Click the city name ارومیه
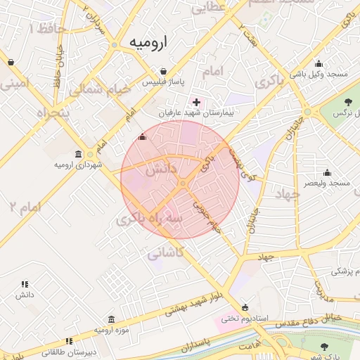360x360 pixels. click(x=148, y=44)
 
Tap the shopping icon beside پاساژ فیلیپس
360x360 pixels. click(x=164, y=72)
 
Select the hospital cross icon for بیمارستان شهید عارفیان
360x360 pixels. click(x=196, y=103)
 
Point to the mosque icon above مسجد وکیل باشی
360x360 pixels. click(x=319, y=63)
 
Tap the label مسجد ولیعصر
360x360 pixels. click(x=327, y=183)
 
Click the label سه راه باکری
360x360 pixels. click(x=150, y=219)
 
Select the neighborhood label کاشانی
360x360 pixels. click(x=167, y=252)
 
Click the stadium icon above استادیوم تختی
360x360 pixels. click(x=245, y=307)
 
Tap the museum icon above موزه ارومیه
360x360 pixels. click(x=112, y=319)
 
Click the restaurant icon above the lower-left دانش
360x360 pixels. click(x=25, y=285)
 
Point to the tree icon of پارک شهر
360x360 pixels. click(x=324, y=347)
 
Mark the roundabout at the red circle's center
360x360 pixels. click(x=181, y=184)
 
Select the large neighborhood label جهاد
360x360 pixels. click(x=287, y=193)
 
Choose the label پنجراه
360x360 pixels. click(x=53, y=113)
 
